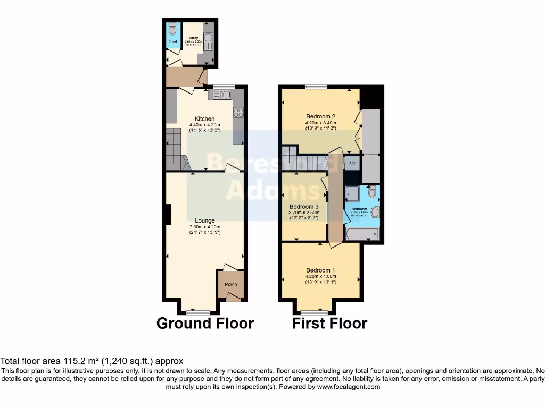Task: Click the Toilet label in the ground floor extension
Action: click(173, 41)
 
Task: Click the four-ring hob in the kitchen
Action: click(237, 112)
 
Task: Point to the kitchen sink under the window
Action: click(222, 95)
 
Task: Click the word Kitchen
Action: click(205, 118)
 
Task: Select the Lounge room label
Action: click(205, 220)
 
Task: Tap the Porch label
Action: click(231, 284)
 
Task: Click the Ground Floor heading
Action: click(205, 323)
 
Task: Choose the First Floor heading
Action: click(329, 323)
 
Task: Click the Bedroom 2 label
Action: click(320, 116)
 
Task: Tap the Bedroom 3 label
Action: click(304, 207)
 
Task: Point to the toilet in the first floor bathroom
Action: click(372, 191)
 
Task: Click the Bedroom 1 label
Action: click(320, 270)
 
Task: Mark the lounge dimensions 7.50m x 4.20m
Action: click(205, 227)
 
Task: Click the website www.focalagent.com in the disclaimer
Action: click(348, 387)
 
